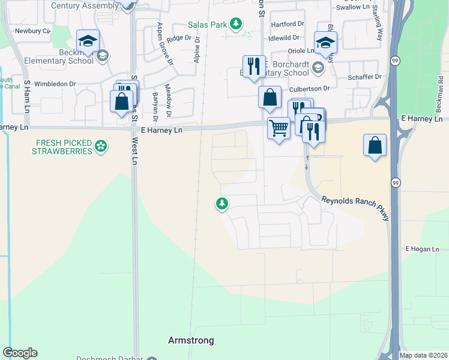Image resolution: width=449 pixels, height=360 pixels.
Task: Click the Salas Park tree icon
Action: click(x=237, y=23)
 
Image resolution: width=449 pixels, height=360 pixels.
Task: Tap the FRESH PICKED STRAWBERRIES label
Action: click(x=64, y=146)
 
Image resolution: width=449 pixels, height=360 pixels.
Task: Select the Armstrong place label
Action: click(x=190, y=340)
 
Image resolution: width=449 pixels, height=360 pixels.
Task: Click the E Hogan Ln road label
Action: click(x=423, y=249)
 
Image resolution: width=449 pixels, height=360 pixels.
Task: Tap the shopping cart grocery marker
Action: click(x=279, y=128)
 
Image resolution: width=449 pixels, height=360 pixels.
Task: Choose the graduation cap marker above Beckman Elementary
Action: click(x=88, y=41)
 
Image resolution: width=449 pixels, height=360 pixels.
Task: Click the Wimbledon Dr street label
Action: click(x=56, y=84)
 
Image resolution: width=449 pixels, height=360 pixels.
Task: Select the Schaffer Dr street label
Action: click(x=364, y=77)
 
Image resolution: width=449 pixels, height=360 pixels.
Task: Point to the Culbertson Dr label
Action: click(x=310, y=88)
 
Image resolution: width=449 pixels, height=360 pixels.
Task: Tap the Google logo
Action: click(x=20, y=353)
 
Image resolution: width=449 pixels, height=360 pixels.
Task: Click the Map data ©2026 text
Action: click(x=423, y=355)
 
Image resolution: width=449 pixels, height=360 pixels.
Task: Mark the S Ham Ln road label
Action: click(x=26, y=97)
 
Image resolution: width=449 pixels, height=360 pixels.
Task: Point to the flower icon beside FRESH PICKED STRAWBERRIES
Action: click(x=101, y=146)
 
